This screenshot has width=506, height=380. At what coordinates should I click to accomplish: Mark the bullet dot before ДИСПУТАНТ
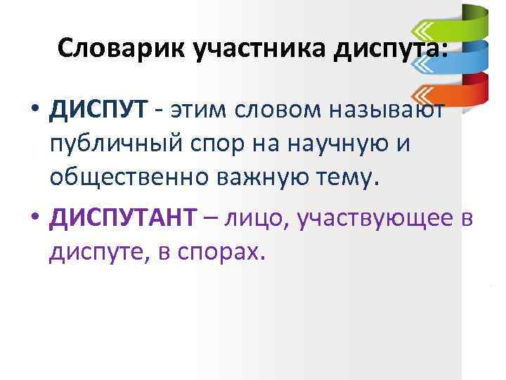pyautogui.click(x=34, y=222)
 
